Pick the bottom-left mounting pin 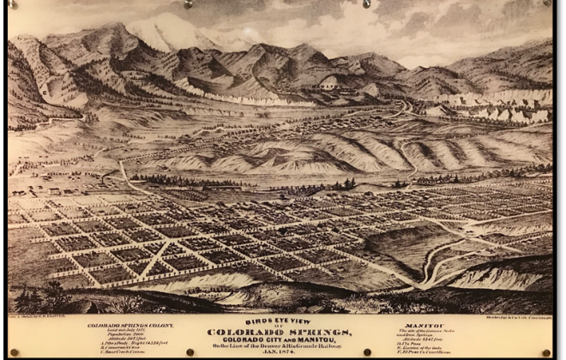point(18,352)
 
